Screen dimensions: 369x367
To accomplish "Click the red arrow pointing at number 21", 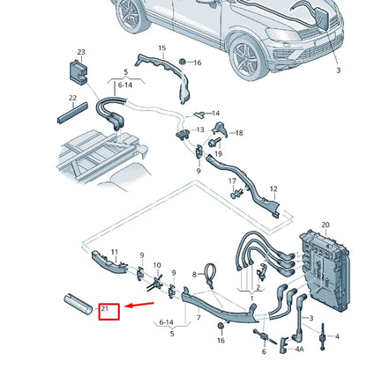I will point(138,306).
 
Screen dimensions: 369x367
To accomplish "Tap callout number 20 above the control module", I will point(326,225).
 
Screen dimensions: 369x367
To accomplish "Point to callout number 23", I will point(81,53).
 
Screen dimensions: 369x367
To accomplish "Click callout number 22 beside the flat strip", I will point(71,99).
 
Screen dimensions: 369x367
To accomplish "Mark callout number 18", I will point(237,133).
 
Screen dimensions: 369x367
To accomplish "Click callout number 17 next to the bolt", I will point(233,182).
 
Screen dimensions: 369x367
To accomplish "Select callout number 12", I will point(273,188).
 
